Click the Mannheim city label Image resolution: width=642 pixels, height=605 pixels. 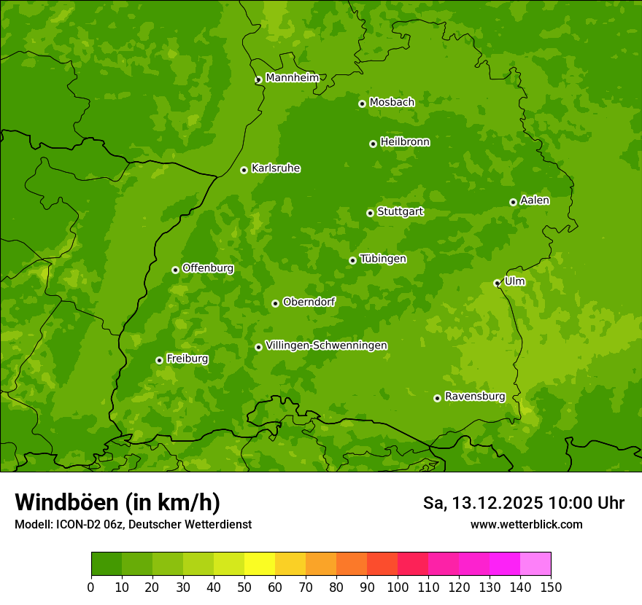(x=292, y=77)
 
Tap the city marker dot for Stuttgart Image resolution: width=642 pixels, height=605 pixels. (x=370, y=213)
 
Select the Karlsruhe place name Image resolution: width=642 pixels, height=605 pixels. (x=275, y=168)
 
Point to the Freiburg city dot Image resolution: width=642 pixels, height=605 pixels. (x=159, y=360)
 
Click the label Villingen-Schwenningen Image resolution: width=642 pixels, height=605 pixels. (x=326, y=346)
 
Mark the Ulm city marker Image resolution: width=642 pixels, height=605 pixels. (x=497, y=283)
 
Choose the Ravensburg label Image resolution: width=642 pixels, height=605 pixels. (x=474, y=397)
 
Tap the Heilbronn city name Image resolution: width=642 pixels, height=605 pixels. (x=405, y=142)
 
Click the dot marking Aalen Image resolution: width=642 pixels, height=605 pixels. (x=513, y=202)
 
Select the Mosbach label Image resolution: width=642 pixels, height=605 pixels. (x=392, y=102)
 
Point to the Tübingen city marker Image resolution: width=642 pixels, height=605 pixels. (x=352, y=260)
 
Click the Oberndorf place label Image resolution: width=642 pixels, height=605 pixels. (x=309, y=302)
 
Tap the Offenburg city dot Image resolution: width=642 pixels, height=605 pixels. (x=175, y=270)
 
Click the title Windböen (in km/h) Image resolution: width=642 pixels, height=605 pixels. (x=117, y=502)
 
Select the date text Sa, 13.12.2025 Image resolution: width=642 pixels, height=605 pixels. (x=483, y=503)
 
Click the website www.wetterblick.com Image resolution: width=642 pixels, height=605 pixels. (x=526, y=524)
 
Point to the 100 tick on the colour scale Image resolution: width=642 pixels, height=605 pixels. (x=398, y=587)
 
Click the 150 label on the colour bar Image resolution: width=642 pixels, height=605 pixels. (x=551, y=587)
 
